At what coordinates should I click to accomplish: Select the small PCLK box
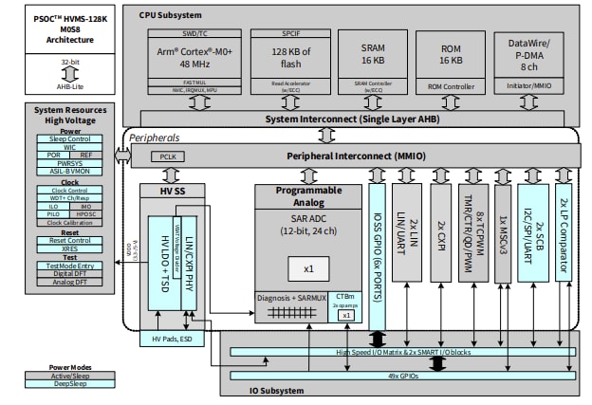168,155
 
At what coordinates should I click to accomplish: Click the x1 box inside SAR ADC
308,268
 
